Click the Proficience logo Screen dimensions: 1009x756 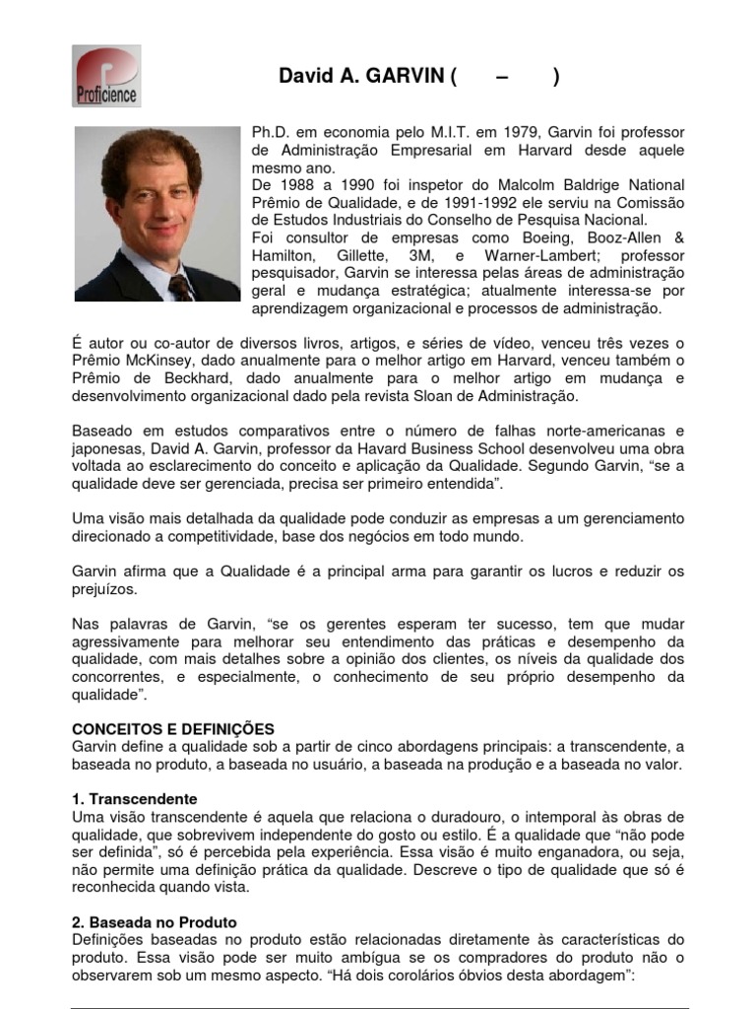coord(106,76)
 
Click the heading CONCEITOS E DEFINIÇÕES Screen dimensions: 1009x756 coord(174,728)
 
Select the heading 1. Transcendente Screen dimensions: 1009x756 coord(135,798)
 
